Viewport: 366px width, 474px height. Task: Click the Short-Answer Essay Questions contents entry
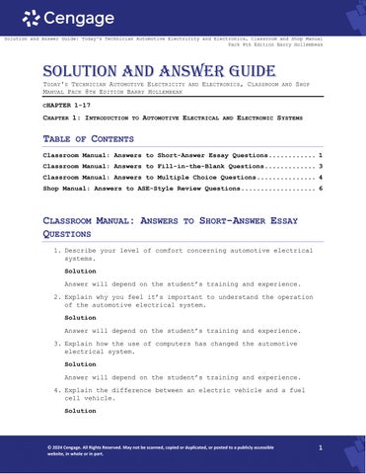(x=178, y=156)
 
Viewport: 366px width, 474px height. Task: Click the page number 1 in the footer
(x=322, y=448)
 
